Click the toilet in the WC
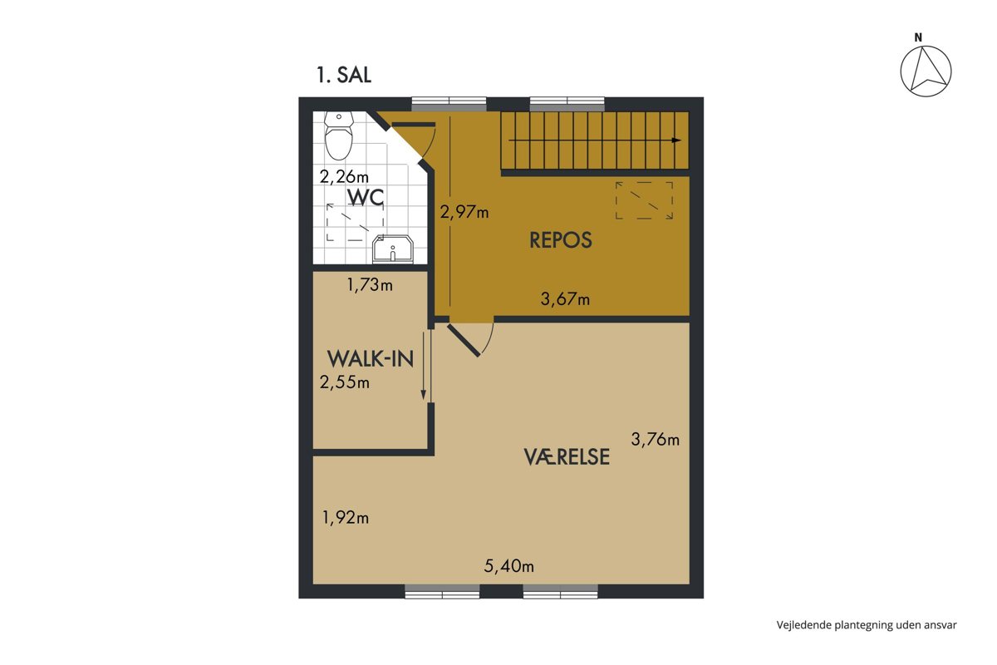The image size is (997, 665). coord(339,135)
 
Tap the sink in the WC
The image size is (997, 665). coord(393,249)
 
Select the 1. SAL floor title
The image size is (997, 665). coord(344,75)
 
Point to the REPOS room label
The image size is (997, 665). coord(560,240)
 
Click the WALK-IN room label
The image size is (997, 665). coord(371,358)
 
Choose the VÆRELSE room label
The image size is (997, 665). coord(567,456)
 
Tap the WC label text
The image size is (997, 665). coord(366,197)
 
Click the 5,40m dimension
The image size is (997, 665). coord(508,566)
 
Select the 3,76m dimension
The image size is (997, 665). coord(656,440)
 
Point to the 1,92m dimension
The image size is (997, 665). coord(346,518)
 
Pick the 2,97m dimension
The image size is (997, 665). coord(464,212)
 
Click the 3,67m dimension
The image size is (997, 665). coord(565,298)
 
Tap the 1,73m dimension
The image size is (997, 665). coord(370,284)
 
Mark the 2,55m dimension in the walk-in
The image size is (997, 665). coord(345,382)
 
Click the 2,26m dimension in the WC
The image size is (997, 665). coord(344,177)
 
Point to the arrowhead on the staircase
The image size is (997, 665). coord(676,140)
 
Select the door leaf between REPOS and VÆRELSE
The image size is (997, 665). coord(464,341)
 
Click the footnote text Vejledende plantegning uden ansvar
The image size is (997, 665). coord(867,625)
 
